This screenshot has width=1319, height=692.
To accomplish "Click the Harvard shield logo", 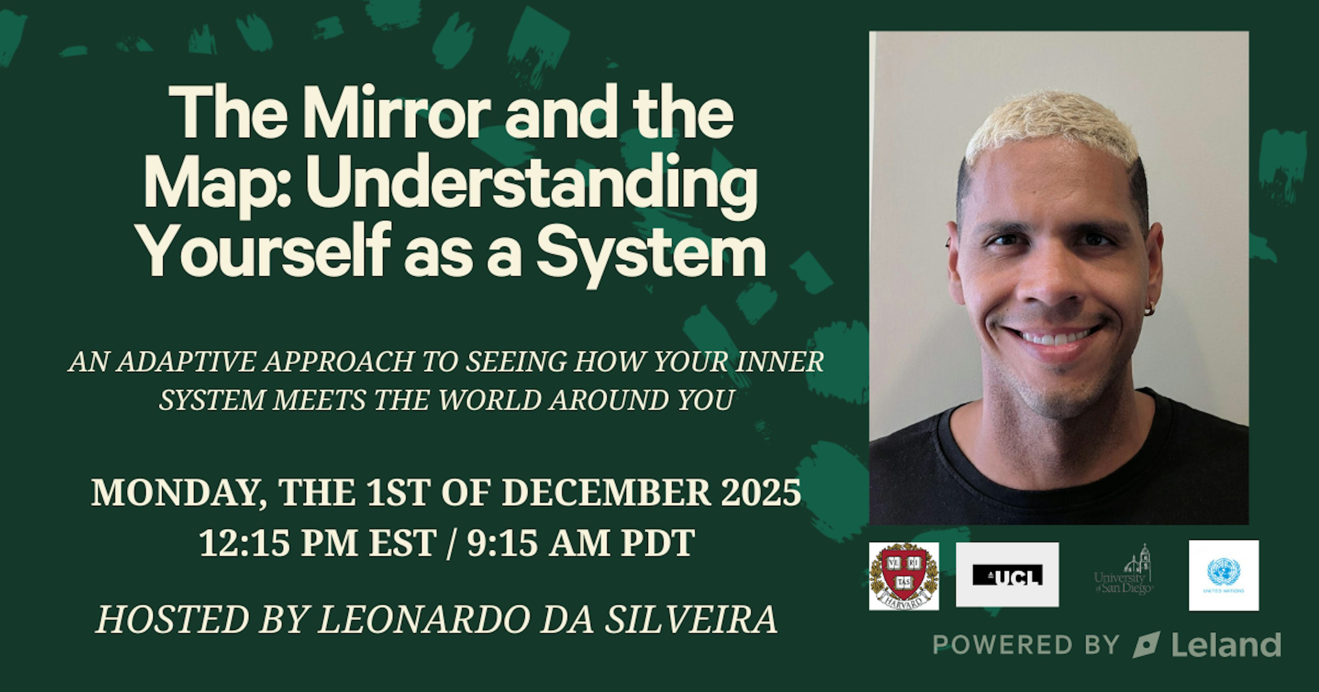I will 904,576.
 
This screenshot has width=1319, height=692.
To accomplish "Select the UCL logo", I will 1007,575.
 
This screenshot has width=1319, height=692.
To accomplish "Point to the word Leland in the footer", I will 1226,645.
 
